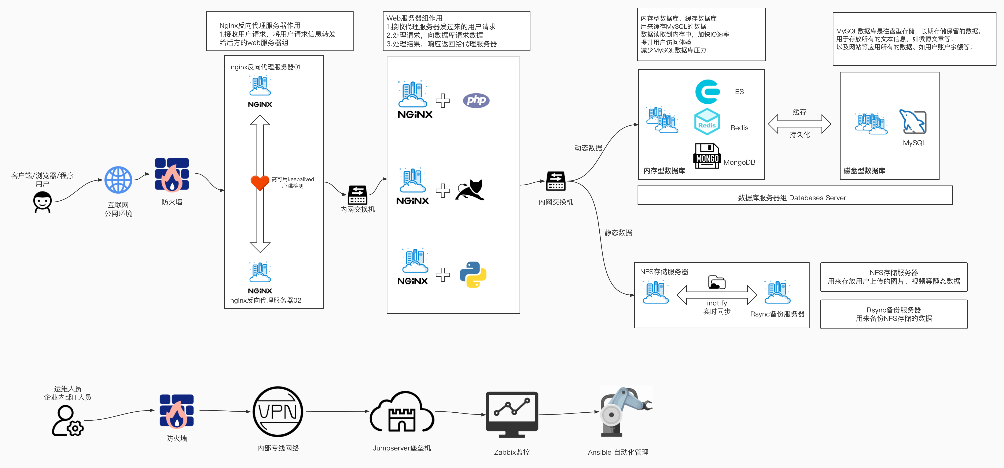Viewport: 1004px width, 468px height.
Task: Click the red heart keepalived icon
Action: (260, 182)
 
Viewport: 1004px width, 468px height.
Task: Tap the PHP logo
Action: (476, 101)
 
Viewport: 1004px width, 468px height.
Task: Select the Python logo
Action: (473, 275)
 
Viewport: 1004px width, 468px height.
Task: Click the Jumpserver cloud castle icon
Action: (402, 413)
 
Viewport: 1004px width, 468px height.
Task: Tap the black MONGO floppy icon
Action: (707, 156)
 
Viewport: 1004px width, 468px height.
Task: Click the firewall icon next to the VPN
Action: (177, 411)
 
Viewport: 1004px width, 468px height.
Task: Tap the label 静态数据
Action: (618, 233)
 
